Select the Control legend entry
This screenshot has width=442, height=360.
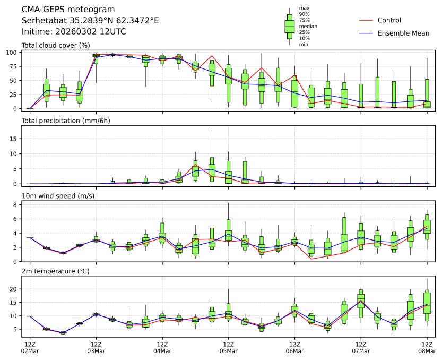pos(389,20)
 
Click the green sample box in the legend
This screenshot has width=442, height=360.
pos(289,26)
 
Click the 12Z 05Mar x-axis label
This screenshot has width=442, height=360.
pos(229,348)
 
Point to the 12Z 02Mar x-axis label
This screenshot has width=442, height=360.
pos(30,348)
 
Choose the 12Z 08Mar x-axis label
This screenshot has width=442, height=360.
pos(427,348)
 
